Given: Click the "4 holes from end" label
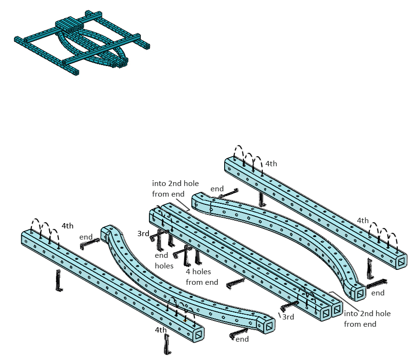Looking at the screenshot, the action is pos(202,277).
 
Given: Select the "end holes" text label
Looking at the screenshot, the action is pos(164,261).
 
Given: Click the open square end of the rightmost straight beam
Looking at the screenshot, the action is pos(401,263).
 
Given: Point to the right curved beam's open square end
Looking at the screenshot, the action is pos(360,293).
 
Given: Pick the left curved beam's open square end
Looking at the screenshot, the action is pos(269,326).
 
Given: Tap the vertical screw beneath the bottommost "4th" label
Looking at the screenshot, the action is pos(167,345).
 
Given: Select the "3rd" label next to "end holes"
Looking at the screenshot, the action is pos(143,233).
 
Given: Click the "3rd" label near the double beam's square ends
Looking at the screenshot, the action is pos(288,317).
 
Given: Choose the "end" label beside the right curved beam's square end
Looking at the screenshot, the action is pos(378,293).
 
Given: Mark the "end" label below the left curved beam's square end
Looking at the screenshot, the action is pos(242,339).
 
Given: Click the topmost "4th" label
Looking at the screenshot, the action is pos(271,163).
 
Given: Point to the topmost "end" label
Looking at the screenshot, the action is pos(217,189).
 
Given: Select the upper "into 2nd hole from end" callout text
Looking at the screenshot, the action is pos(175,188).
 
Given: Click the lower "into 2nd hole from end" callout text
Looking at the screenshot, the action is pos(367,319).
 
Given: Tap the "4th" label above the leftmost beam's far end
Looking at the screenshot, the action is pos(67,226).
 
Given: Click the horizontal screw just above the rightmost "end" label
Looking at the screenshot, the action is pos(377,283).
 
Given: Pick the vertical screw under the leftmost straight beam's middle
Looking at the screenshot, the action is pos(59,280).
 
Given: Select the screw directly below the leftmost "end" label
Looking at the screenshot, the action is pos(90,243).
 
